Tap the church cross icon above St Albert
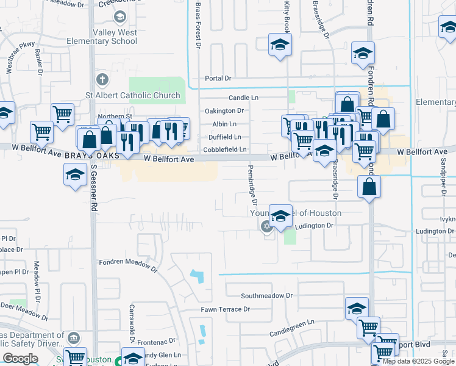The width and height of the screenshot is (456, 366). point(102,80)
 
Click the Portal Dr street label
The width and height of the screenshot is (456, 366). point(218,78)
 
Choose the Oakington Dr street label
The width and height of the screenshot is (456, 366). point(224,111)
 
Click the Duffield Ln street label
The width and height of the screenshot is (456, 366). point(225,137)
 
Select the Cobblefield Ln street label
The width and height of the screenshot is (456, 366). point(225,149)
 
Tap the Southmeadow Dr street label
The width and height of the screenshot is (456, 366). point(266,295)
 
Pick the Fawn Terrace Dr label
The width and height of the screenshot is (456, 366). point(226,309)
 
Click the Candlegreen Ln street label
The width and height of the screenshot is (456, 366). point(292,327)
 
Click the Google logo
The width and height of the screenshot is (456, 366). point(20,359)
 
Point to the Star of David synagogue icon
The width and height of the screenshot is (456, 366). point(266,228)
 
